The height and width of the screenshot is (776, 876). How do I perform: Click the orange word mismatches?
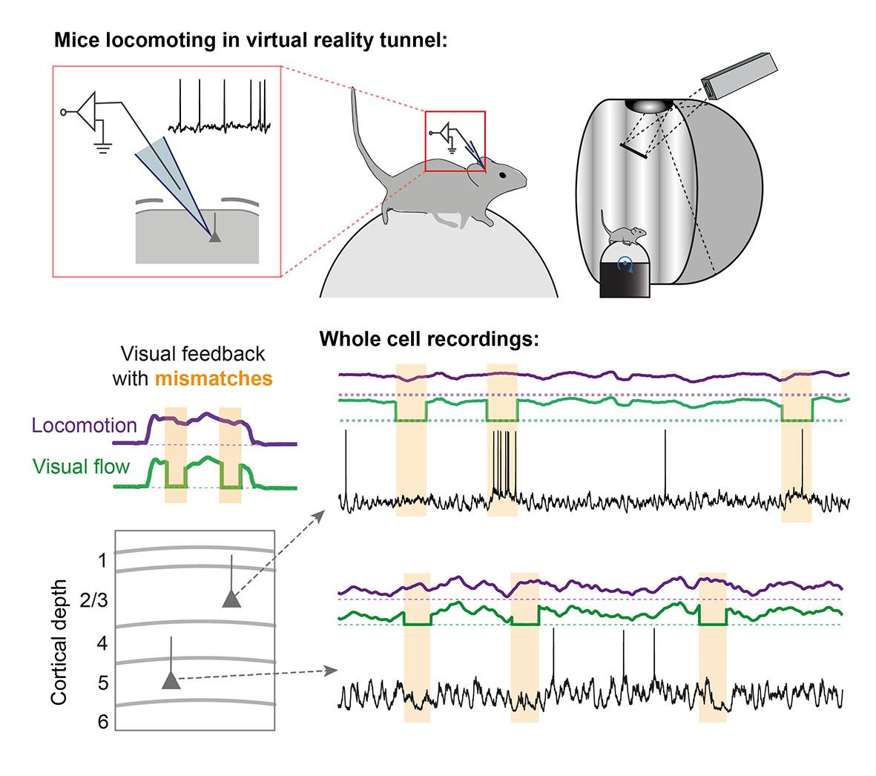coord(214,379)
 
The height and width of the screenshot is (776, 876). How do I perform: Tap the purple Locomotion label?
coord(85,425)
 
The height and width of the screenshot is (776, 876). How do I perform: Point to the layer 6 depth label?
coord(102,721)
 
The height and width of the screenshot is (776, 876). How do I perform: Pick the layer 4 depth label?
coord(102,643)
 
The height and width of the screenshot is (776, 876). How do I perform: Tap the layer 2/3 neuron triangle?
coord(231,599)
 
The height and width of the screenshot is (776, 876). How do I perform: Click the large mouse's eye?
coord(504,174)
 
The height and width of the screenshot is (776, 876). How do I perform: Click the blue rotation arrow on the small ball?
coord(626,264)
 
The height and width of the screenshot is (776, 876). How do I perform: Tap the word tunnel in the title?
coord(415,40)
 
